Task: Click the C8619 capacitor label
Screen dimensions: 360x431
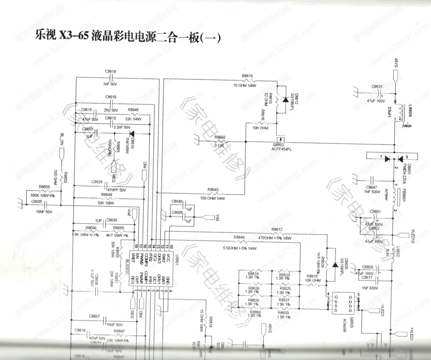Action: (x=110, y=71)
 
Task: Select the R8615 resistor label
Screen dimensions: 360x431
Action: (x=247, y=75)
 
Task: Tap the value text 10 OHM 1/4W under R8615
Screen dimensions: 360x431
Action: (x=245, y=85)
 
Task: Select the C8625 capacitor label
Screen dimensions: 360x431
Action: (x=377, y=87)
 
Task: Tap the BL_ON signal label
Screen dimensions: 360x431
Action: (x=62, y=138)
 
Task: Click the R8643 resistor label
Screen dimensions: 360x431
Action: (x=213, y=189)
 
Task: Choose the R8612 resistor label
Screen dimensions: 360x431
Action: (x=277, y=229)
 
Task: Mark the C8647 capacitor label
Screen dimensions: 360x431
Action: (x=371, y=187)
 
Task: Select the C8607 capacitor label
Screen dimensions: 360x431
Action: (x=94, y=316)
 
